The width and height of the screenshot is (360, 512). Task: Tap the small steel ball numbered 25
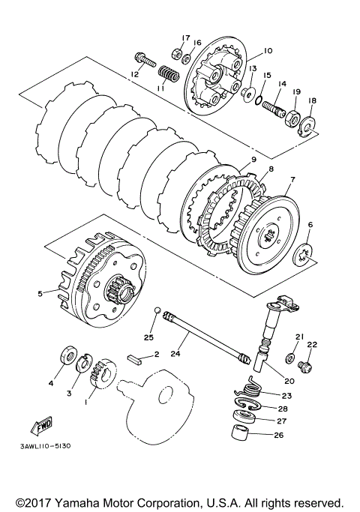pos(157,310)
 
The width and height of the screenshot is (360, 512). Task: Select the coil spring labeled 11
pos(169,74)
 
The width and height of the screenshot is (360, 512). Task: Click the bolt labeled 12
pos(144,61)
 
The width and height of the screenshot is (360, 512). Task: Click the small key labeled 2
pos(134,360)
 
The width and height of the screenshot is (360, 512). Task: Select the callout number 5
pos(40,294)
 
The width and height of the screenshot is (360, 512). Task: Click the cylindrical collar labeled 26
pos(239,433)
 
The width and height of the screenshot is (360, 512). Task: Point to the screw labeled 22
pos(306,367)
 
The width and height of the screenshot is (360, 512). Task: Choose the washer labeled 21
pos(290,358)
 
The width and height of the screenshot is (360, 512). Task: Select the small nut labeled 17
pos(175,53)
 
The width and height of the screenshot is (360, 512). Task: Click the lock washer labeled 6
pos(304,254)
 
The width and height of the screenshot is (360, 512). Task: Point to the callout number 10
pos(268,51)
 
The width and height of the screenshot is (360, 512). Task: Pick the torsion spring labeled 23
pos(248,388)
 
